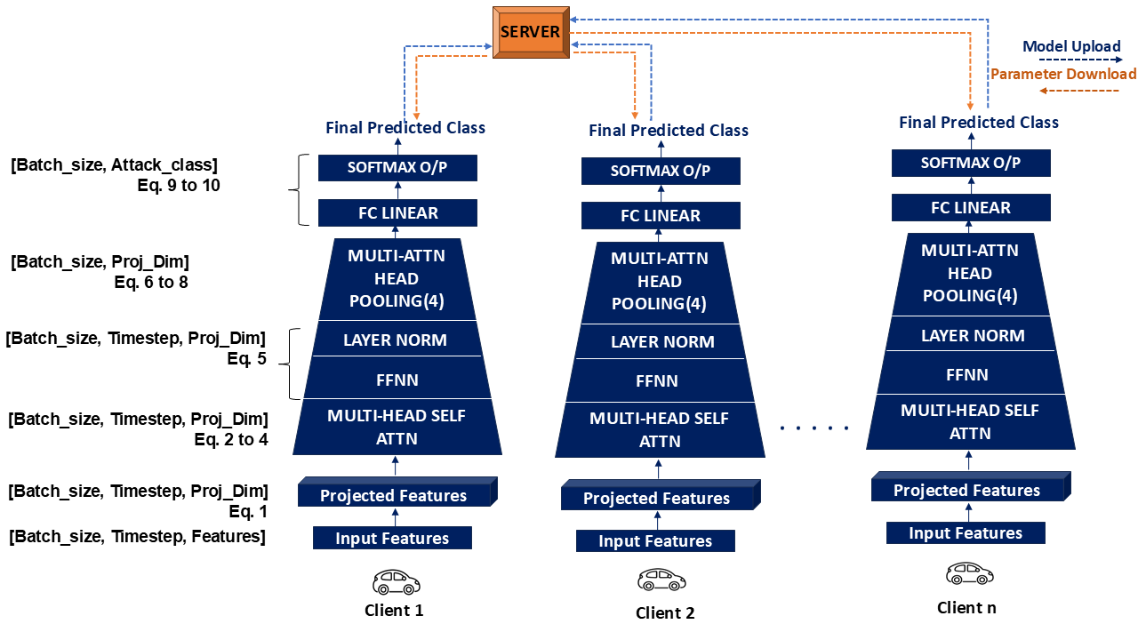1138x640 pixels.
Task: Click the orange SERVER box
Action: point(531,33)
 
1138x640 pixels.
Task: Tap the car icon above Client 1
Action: point(395,582)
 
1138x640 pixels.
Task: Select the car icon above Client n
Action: point(969,573)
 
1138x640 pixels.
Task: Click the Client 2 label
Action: point(665,612)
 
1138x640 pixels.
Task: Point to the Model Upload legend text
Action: point(1071,47)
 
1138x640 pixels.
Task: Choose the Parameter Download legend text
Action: point(1063,74)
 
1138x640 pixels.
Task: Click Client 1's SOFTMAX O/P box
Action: point(397,167)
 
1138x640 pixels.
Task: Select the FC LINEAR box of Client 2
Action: point(661,215)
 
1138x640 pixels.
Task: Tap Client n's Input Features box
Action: point(966,533)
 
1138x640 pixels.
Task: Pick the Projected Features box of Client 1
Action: point(394,495)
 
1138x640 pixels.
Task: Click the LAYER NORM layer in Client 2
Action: point(661,341)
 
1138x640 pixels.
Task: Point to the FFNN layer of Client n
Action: point(968,375)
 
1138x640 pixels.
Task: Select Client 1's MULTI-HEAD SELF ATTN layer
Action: point(397,427)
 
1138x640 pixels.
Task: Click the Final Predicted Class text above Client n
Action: point(979,122)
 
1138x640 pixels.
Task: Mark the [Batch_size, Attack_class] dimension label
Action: point(114,164)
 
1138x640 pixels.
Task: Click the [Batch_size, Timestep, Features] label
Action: point(137,536)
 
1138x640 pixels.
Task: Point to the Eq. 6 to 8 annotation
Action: point(150,283)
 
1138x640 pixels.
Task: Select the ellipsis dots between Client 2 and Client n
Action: point(814,428)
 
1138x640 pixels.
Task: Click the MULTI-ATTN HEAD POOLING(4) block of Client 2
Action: point(661,281)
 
